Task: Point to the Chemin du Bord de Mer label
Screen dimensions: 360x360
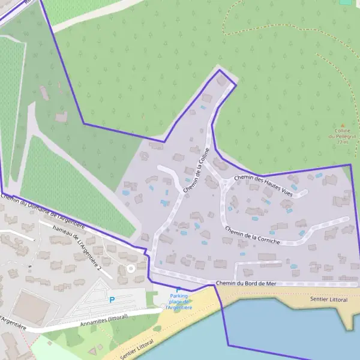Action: click(246, 283)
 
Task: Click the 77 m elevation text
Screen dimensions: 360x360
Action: click(342, 142)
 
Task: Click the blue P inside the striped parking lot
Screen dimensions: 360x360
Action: click(112, 300)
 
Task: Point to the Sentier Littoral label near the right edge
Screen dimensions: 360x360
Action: click(329, 298)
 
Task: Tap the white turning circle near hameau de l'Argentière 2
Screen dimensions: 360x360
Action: click(130, 269)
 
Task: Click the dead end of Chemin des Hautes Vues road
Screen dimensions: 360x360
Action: click(305, 193)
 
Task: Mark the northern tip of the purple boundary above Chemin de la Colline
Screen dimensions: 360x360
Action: click(220, 70)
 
